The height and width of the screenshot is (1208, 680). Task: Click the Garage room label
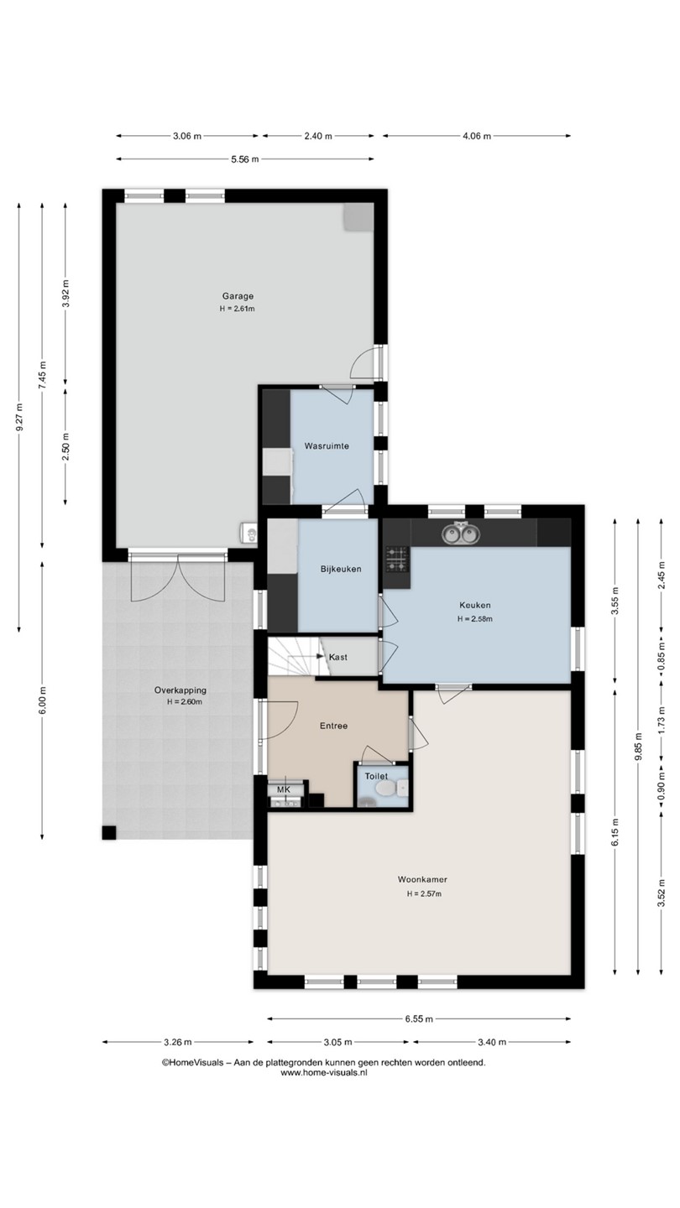tap(238, 296)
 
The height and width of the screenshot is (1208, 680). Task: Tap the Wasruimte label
tap(327, 446)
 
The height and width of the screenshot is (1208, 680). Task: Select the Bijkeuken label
tap(341, 569)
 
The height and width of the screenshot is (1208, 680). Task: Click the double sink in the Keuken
tap(461, 534)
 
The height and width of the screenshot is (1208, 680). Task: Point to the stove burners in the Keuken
tap(396, 560)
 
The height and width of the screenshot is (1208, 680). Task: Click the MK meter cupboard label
tap(284, 789)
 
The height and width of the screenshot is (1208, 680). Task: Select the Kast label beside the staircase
tap(337, 657)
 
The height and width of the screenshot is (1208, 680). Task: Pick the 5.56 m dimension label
tap(245, 159)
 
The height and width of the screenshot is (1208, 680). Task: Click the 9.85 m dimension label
tap(638, 747)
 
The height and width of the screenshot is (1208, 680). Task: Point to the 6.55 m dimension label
tap(419, 1018)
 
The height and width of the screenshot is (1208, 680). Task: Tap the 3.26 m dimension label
tap(178, 1042)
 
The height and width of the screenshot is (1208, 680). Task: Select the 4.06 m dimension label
tap(477, 136)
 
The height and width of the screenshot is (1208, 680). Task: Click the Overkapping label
tap(180, 690)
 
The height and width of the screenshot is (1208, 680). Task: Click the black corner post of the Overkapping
tap(109, 833)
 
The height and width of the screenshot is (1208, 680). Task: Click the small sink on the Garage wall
tap(248, 532)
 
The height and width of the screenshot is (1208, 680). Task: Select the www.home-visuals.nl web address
tap(324, 1073)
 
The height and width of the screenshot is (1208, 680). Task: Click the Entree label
tap(333, 726)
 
